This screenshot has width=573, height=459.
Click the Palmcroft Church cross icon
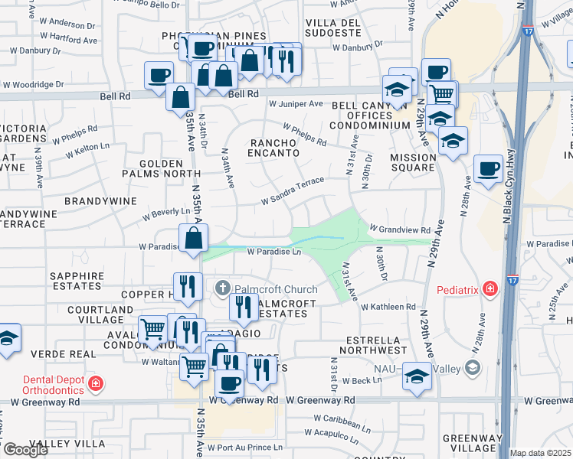click(x=222, y=289)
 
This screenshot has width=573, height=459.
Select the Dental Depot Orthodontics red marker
click(x=95, y=382)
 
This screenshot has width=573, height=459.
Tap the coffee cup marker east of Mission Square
click(x=488, y=168)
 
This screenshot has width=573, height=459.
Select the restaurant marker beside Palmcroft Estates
click(x=244, y=307)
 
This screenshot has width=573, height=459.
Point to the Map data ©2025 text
click(x=541, y=453)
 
